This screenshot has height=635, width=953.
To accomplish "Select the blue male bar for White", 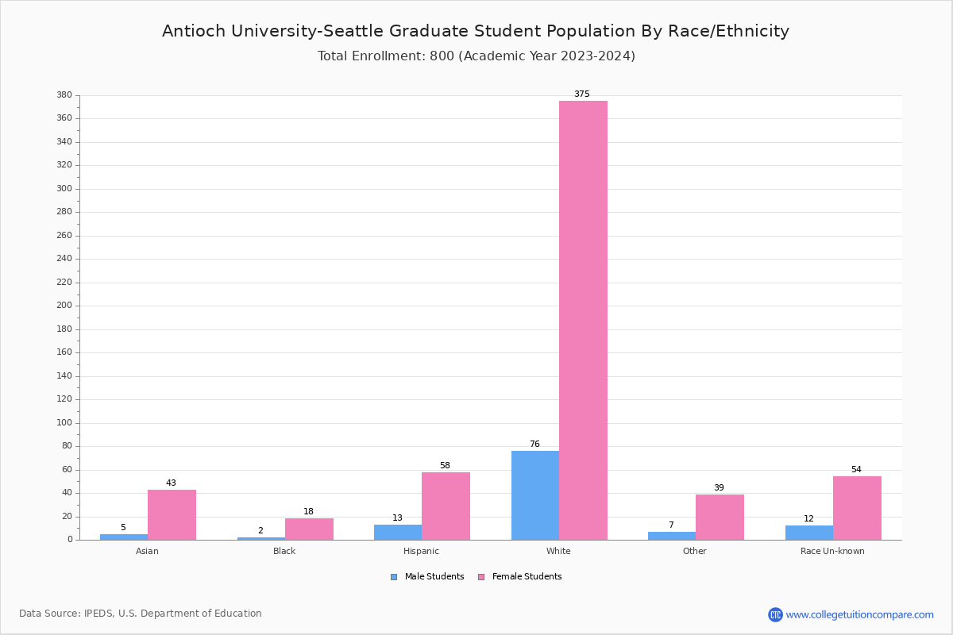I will click(534, 495).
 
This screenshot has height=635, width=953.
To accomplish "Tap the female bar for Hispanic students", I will click(446, 506).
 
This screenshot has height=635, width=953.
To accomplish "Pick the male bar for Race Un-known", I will click(808, 533).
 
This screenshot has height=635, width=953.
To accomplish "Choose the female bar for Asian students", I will click(172, 514).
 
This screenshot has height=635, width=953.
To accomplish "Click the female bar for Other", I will click(720, 517).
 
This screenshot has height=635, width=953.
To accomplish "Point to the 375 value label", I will click(582, 94).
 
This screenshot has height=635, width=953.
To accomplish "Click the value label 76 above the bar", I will click(534, 444).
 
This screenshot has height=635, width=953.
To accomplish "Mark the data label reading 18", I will click(308, 512).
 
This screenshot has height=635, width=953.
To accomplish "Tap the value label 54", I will click(856, 470).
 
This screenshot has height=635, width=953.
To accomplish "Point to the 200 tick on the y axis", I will click(64, 306).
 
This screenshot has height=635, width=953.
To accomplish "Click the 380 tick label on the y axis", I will click(64, 95).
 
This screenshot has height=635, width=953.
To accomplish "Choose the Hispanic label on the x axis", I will click(421, 551).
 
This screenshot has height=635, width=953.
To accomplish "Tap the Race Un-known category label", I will click(832, 551).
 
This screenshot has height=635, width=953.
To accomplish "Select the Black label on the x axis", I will click(284, 551).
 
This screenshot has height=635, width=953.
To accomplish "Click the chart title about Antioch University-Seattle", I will click(476, 31).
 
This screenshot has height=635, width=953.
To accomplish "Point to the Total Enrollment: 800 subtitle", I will click(476, 56).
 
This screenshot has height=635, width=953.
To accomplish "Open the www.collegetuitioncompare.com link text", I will click(859, 614).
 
